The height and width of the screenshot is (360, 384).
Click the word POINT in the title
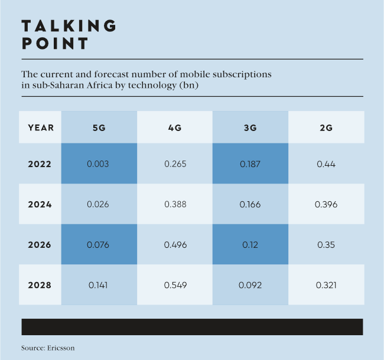point(55,44)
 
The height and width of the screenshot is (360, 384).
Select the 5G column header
point(99,127)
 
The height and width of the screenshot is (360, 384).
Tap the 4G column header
point(174,127)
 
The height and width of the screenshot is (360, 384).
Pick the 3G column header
point(250,127)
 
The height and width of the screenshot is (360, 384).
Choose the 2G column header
point(326,127)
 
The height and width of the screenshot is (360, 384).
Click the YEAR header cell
point(40,127)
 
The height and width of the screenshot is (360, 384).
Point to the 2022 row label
point(40,164)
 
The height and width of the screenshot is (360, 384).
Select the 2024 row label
point(40,205)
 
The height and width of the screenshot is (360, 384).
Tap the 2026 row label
point(40,244)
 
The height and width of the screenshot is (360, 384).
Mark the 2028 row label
point(40,285)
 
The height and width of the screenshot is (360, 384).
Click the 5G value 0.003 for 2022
point(99,164)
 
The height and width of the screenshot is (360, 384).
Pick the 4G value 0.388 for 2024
point(175,205)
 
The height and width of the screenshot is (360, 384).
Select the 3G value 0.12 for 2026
point(250,244)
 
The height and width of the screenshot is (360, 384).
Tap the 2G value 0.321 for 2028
point(326,285)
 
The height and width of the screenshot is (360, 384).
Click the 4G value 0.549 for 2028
point(175,285)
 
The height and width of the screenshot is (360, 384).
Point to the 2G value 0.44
point(326,164)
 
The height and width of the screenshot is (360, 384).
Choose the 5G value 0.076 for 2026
point(99,244)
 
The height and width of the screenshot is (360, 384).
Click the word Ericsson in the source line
point(61,348)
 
